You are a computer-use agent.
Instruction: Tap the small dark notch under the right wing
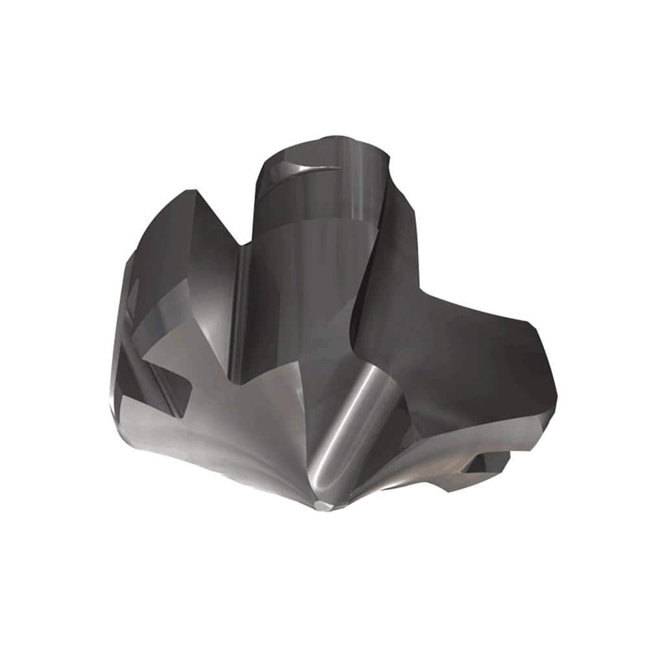pyautogui.click(x=484, y=462)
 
